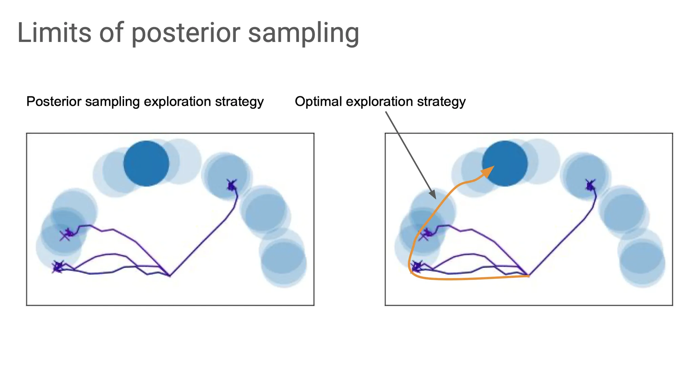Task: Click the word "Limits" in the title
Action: pyautogui.click(x=54, y=33)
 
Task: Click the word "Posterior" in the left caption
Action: pyautogui.click(x=54, y=101)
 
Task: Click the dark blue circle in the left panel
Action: pyautogui.click(x=146, y=163)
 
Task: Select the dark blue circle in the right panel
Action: pyautogui.click(x=505, y=163)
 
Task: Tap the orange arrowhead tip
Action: pyautogui.click(x=494, y=166)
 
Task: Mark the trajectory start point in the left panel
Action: pyautogui.click(x=170, y=276)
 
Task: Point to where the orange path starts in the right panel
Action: pyautogui.click(x=529, y=276)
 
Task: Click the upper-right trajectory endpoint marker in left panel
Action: pyautogui.click(x=232, y=185)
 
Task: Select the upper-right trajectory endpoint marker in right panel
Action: pyautogui.click(x=590, y=185)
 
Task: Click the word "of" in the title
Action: pyautogui.click(x=111, y=33)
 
